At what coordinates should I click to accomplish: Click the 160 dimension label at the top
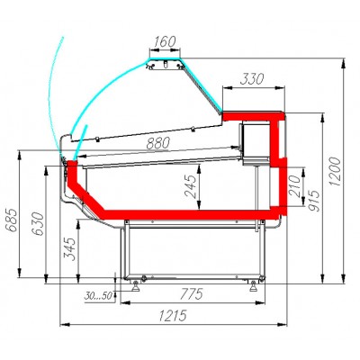click(x=165, y=41)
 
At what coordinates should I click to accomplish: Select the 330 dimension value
click(x=252, y=79)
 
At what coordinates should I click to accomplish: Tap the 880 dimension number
click(x=158, y=143)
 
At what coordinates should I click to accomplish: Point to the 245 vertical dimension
click(x=191, y=186)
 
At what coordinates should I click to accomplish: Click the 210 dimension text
click(x=294, y=186)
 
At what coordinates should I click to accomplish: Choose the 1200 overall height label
click(x=335, y=172)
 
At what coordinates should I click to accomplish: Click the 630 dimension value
click(x=38, y=224)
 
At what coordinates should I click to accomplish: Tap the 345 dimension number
click(x=69, y=249)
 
